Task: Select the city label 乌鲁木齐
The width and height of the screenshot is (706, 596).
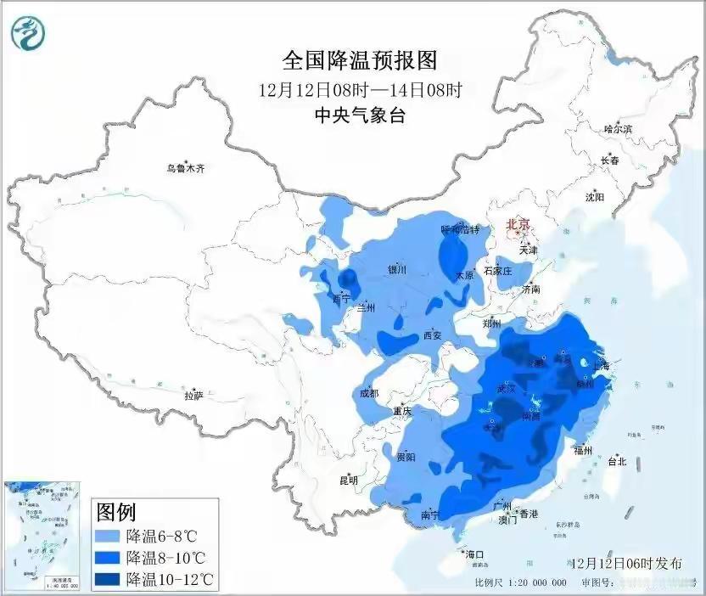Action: [185, 169]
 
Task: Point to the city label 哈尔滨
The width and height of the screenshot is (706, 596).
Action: [618, 129]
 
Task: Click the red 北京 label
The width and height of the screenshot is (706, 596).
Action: [518, 225]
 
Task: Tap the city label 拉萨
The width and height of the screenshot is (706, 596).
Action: [193, 395]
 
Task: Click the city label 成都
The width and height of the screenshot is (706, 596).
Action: [368, 393]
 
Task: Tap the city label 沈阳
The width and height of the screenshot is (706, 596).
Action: [594, 197]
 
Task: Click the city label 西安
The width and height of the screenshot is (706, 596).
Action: [433, 335]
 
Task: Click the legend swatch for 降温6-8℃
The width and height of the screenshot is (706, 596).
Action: [109, 537]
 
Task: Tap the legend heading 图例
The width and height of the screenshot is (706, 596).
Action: [116, 512]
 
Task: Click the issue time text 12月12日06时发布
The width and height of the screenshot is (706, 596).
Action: [625, 563]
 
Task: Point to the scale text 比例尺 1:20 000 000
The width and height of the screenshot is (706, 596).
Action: [520, 584]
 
